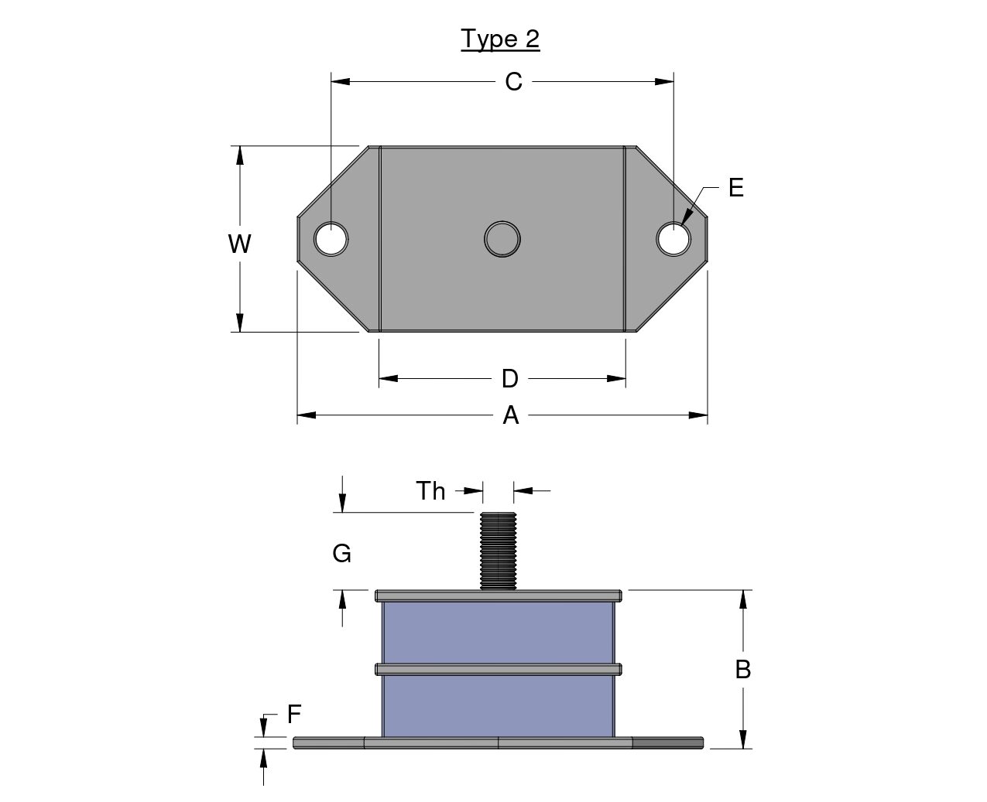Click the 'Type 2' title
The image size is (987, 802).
click(500, 39)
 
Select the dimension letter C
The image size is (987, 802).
click(513, 81)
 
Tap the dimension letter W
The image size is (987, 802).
click(240, 244)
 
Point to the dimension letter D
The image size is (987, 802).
click(509, 379)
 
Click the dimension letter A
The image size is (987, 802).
click(510, 416)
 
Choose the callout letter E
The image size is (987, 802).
click(735, 187)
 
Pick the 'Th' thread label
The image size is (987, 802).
click(430, 490)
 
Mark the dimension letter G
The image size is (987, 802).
click(341, 554)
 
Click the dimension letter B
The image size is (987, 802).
click(742, 670)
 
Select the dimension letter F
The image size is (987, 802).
click(294, 715)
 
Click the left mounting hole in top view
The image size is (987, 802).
click(331, 238)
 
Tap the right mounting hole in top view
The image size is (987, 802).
click(673, 238)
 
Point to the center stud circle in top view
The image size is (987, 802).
click(502, 238)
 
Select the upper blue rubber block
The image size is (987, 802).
click(498, 632)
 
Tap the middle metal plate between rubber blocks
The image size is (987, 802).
click(498, 668)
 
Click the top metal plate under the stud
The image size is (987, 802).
click(498, 596)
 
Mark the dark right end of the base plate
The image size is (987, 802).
click(667, 743)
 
